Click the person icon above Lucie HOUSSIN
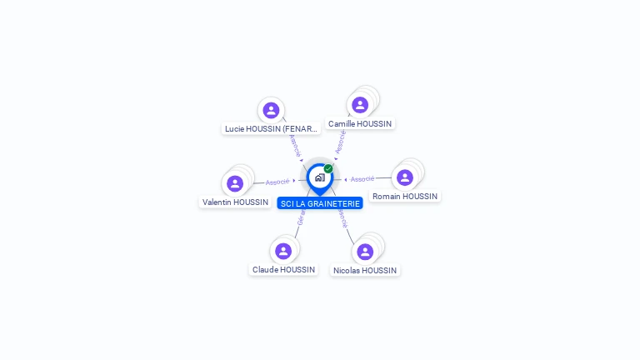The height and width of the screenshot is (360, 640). (271, 110)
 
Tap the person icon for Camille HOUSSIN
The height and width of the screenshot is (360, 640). (360, 105)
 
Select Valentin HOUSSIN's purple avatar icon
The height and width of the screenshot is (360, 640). (235, 183)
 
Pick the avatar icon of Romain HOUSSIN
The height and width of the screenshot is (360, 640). (405, 177)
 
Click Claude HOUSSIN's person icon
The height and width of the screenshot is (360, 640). (283, 251)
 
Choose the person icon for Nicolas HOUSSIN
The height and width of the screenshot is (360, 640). (365, 252)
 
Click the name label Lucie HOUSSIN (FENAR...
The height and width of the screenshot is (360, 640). (272, 129)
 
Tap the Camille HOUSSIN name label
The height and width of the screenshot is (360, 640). (360, 124)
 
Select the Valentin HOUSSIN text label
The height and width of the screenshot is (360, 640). (235, 202)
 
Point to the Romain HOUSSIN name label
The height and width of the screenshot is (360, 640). (405, 197)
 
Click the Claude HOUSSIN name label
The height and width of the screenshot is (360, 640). (283, 270)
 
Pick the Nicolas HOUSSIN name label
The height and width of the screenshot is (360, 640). (365, 271)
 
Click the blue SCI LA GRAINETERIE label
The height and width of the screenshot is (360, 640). (320, 203)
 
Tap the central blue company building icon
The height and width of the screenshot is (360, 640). (319, 177)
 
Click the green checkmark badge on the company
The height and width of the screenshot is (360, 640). (328, 169)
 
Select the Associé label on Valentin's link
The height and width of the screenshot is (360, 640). (277, 182)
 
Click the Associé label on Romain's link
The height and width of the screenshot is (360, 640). (362, 179)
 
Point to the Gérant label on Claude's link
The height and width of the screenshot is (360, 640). (301, 218)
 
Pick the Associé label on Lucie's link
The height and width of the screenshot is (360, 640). (295, 145)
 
